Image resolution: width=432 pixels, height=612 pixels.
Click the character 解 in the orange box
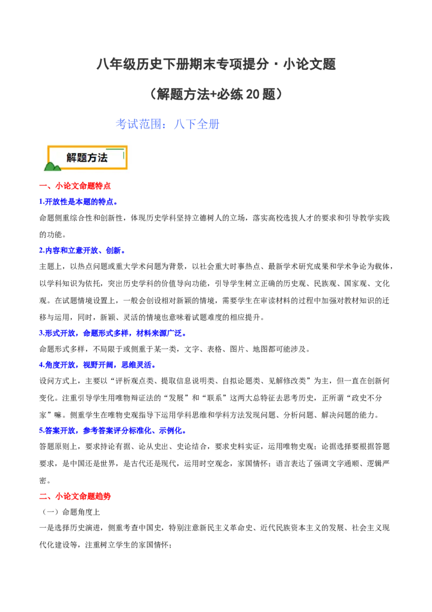coord(72,158)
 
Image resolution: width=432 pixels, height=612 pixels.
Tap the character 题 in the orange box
coord(82,158)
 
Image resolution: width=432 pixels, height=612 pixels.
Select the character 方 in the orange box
coord(92,158)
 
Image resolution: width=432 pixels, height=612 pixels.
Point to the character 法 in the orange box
coord(103,158)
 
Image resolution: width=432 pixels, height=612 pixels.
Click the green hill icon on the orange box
coord(52,166)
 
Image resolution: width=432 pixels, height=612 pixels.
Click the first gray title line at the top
coord(216,65)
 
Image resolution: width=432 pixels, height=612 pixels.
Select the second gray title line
coord(216,96)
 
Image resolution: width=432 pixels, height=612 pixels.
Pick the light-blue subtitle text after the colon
coord(197,124)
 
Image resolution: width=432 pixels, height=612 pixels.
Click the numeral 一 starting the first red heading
coord(43,187)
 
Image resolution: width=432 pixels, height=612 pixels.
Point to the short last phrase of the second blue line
coord(115,251)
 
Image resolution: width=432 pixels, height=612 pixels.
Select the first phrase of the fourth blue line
coord(59,366)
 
